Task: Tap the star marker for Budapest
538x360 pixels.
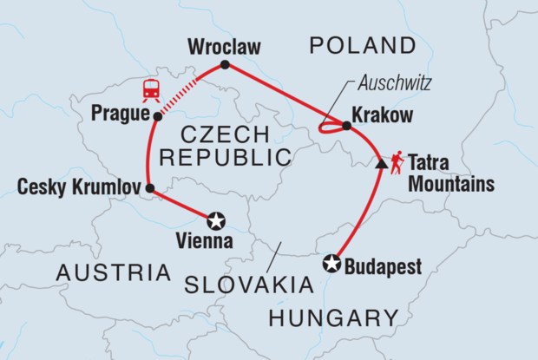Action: pyautogui.click(x=331, y=264)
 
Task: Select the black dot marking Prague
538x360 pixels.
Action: pyautogui.click(x=156, y=115)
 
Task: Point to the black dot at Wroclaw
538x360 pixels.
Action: pyautogui.click(x=225, y=65)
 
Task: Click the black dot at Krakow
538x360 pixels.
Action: pyautogui.click(x=346, y=126)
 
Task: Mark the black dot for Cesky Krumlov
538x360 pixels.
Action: pyautogui.click(x=149, y=187)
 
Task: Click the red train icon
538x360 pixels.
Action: pyautogui.click(x=152, y=88)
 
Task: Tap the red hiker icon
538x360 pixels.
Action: pyautogui.click(x=397, y=161)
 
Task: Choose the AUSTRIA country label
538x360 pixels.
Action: pyautogui.click(x=113, y=272)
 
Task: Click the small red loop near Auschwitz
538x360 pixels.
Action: pyautogui.click(x=329, y=129)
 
